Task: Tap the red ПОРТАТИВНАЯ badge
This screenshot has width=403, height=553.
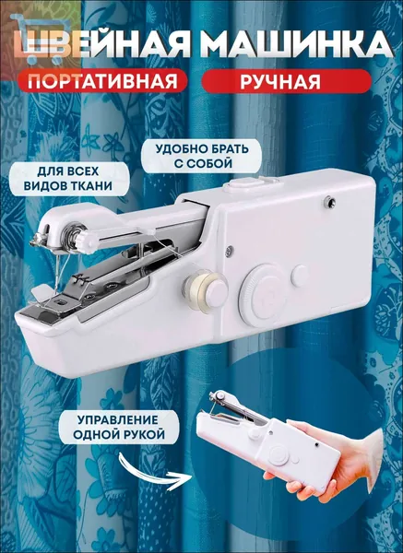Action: [102, 81]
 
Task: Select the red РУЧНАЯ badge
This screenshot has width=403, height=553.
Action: [286, 81]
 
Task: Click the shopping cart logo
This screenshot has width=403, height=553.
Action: [38, 39]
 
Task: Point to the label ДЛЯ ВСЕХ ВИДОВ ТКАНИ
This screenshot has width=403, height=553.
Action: [68, 179]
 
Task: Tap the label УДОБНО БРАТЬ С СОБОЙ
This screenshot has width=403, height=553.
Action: [202, 156]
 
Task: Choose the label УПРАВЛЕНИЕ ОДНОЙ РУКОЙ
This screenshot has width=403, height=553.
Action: [119, 427]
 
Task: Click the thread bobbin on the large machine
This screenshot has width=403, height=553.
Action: [199, 289]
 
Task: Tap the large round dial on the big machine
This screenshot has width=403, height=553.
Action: [264, 295]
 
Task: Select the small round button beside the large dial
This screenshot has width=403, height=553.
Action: [301, 276]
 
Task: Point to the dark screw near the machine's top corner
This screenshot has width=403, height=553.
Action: [330, 201]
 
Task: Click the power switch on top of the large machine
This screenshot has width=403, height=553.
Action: [245, 183]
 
